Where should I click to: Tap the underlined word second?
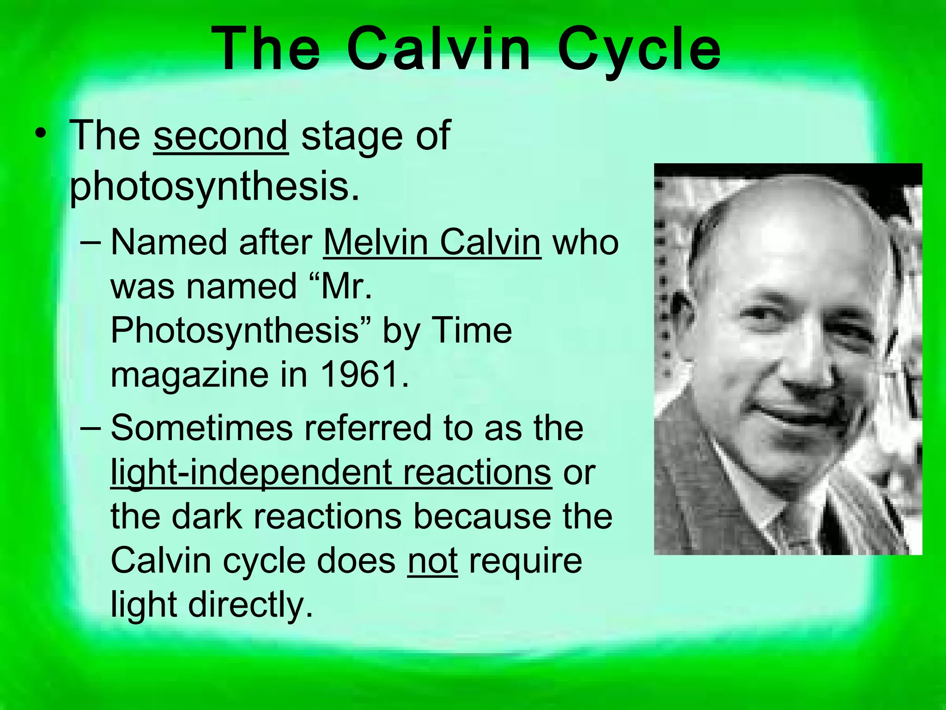[x=221, y=135]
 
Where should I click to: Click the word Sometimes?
[x=202, y=428]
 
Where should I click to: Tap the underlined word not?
[x=432, y=560]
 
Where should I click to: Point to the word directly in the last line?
[x=250, y=605]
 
